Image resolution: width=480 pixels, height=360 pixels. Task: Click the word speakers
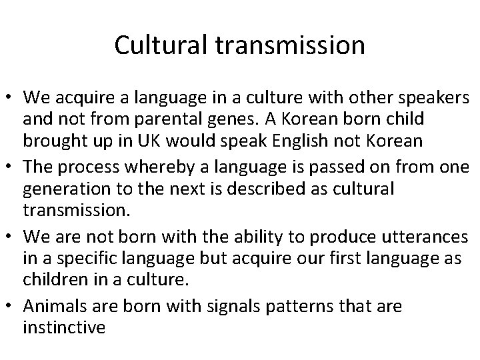[433, 98]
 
